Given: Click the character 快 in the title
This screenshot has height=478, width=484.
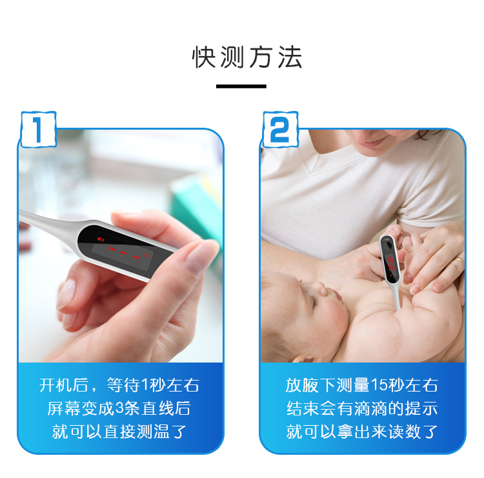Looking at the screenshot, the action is [203, 57].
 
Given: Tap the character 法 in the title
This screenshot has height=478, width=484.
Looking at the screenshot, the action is [290, 57].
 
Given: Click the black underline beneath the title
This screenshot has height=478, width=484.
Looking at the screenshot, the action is [241, 86].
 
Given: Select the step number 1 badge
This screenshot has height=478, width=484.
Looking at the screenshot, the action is [38, 129].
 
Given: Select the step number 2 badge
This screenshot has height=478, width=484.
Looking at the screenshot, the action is [280, 129].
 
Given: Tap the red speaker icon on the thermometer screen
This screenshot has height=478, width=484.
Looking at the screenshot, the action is [101, 239].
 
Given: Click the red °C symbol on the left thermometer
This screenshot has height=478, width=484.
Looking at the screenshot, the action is [146, 255].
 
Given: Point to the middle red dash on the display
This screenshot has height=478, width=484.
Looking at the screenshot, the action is [123, 253].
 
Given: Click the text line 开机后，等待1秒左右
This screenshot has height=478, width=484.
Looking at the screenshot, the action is [119, 385].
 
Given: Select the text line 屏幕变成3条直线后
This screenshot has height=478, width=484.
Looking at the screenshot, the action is [119, 408].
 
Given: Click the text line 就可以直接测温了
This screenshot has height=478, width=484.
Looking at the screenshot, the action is [119, 432].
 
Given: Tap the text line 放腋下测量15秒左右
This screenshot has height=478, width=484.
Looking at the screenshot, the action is [362, 385].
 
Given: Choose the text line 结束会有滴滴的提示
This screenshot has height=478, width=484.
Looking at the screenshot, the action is [362, 408].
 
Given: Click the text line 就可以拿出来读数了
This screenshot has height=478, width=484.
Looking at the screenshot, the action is [362, 432].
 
